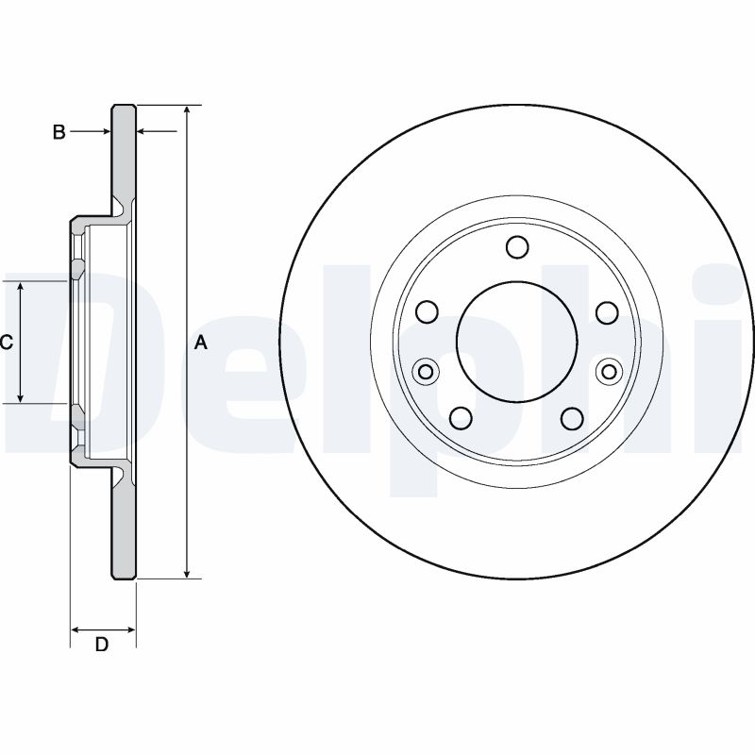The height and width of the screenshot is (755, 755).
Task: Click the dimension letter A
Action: [200, 344]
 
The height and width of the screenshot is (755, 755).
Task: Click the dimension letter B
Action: [59, 132]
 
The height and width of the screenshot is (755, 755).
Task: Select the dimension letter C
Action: [6, 344]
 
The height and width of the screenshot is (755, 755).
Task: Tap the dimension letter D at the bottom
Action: [102, 645]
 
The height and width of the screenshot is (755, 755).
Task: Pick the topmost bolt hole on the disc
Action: [516, 247]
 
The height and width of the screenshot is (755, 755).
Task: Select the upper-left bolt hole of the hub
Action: [427, 311]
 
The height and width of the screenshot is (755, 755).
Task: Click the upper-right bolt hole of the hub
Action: [606, 311]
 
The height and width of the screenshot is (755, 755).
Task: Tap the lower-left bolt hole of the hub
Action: [461, 416]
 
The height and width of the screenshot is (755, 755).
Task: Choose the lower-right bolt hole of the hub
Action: [572, 416]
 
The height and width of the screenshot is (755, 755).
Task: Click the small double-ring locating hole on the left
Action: [426, 370]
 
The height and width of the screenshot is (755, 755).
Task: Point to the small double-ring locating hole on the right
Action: [608, 370]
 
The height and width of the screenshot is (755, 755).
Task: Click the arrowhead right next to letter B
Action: [105, 132]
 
